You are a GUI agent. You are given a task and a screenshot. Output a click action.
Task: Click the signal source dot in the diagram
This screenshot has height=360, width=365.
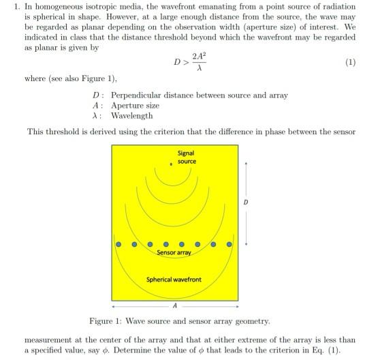click(170, 164)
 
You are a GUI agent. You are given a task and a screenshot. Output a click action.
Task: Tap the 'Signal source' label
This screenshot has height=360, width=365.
click(186, 157)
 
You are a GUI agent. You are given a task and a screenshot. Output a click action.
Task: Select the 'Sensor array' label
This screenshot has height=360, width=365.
click(174, 252)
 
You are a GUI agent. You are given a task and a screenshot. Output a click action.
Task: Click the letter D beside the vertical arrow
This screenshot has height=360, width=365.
click(246, 202)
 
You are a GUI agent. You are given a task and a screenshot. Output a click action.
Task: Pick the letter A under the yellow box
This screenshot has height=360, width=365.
click(175, 307)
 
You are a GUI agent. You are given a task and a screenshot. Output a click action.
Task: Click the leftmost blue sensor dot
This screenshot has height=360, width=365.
click(118, 243)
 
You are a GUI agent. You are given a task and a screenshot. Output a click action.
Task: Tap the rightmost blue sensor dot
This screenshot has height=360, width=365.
click(229, 243)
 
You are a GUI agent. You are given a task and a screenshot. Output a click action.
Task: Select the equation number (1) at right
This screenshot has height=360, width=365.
click(350, 62)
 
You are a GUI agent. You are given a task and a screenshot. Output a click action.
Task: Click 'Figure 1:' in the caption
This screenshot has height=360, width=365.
click(106, 320)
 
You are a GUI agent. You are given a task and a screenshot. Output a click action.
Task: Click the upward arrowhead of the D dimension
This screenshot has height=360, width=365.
click(247, 164)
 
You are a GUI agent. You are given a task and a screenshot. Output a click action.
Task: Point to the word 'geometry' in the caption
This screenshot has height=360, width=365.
click(251, 320)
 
